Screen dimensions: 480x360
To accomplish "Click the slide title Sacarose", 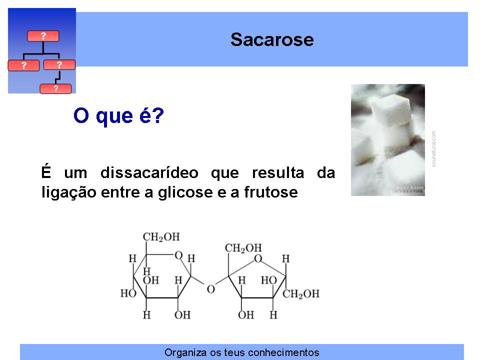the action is (272, 40).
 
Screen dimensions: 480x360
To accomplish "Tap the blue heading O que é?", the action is (119, 115).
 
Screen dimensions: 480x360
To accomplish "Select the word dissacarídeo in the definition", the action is (149, 173).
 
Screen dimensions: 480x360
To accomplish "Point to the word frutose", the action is (271, 192).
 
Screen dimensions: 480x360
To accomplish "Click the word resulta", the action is (278, 173).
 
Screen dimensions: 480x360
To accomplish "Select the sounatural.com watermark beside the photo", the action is (433, 149).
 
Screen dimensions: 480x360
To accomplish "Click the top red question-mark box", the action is (43, 36).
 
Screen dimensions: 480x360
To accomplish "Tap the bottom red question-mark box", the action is (55, 89).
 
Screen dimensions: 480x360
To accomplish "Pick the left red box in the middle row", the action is (23, 65).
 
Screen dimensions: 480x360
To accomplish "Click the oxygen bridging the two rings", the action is (211, 289).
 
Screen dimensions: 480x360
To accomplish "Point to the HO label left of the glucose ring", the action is (128, 293).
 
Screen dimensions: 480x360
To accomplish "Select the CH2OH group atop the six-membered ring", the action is (161, 237).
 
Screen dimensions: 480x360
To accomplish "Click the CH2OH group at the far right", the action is (301, 294).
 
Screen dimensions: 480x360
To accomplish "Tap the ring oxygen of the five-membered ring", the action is (258, 258).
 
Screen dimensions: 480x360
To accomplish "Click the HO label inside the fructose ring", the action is (269, 280).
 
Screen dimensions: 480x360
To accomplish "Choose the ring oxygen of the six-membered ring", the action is (178, 255).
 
